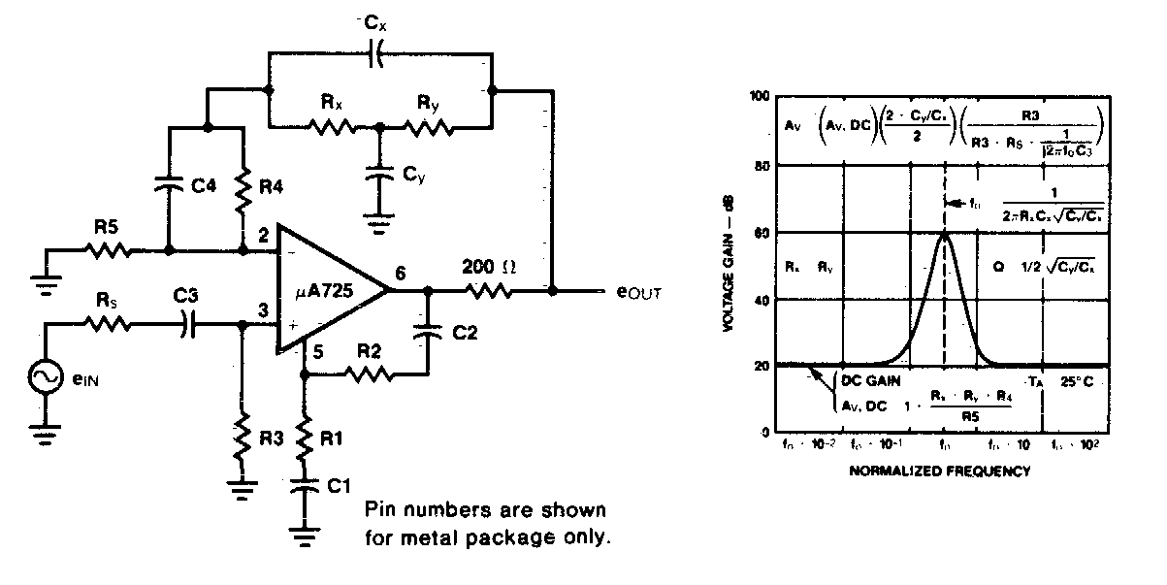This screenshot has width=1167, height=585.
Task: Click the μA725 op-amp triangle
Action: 325,288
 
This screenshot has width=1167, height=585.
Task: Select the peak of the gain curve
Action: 944,233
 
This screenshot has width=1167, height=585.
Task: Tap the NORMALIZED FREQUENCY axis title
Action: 940,472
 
